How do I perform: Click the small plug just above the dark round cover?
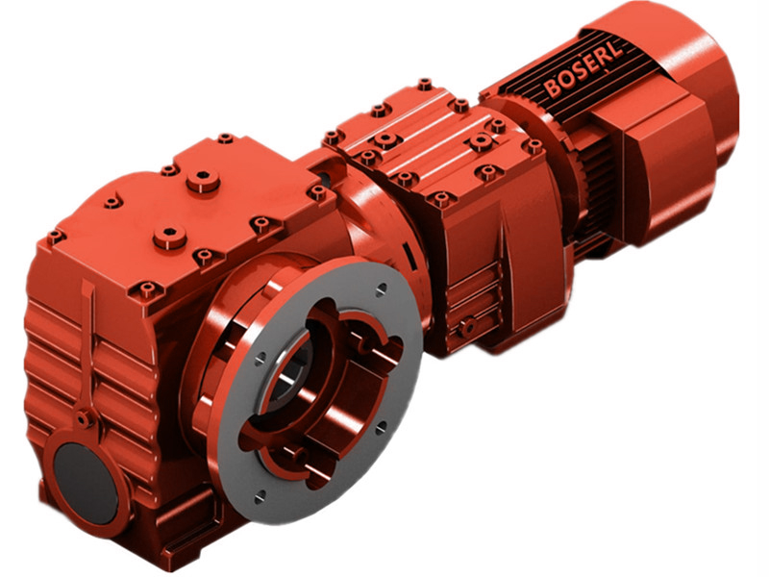click(x=85, y=418)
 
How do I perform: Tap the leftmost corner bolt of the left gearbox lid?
click(x=53, y=234)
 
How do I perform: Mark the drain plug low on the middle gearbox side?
click(x=466, y=327)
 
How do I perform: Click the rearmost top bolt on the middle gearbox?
click(x=424, y=85)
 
